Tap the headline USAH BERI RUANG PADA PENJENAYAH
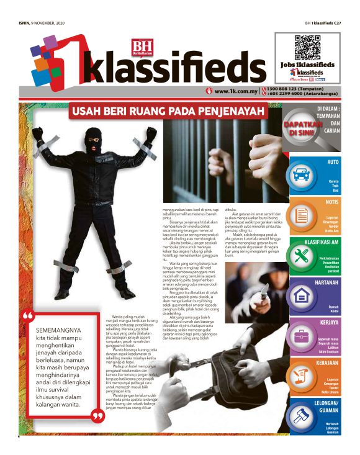click(168, 112)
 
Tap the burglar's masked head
click(93, 140)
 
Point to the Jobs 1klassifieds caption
click(307, 65)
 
